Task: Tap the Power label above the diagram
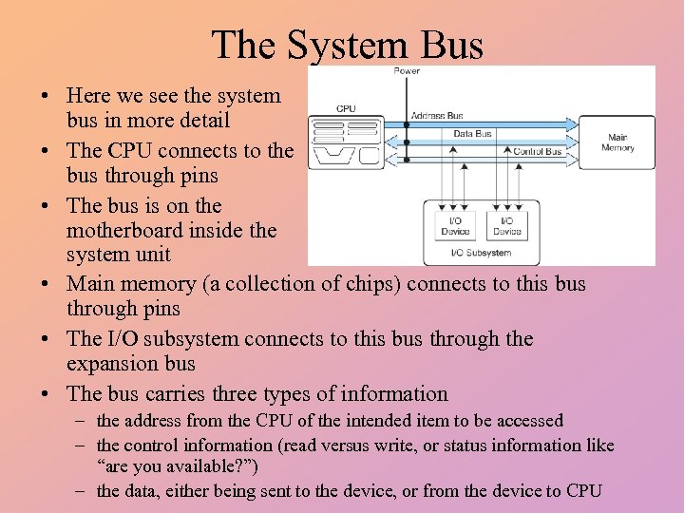point(407,72)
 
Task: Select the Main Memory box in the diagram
point(617,142)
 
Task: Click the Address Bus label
point(436,116)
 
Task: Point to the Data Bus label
point(472,134)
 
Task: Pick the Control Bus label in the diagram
point(538,151)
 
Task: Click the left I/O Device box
point(456,225)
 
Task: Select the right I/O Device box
point(507,225)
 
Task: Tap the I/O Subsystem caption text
point(482,253)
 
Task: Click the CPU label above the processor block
point(346,108)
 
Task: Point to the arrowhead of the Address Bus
point(572,124)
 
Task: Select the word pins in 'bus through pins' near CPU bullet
point(196,176)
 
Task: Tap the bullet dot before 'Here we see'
point(45,96)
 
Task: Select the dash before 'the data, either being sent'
point(85,491)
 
